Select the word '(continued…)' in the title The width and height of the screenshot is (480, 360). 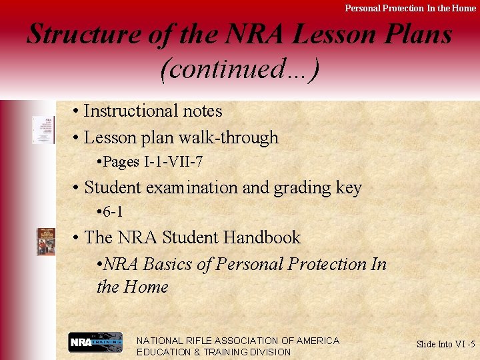(239, 69)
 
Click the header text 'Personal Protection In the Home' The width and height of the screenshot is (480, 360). (410, 8)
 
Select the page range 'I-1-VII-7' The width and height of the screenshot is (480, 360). (172, 162)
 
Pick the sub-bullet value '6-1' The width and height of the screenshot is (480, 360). (113, 212)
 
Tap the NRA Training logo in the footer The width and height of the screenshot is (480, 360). (95, 343)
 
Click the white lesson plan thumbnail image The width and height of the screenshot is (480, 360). (44, 129)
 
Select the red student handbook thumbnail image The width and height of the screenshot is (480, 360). (46, 241)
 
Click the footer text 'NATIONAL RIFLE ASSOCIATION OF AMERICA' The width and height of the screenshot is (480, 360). (238, 341)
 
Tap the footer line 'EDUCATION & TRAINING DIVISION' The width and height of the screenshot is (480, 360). (213, 352)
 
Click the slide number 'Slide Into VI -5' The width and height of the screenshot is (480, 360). (445, 344)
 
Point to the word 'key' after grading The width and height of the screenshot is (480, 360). (349, 188)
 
